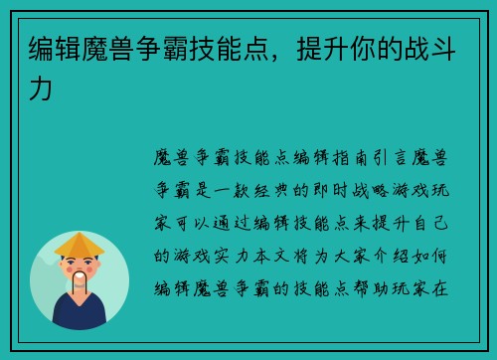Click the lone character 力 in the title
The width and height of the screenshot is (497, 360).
(x=41, y=90)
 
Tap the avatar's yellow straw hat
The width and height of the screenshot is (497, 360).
(x=80, y=243)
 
